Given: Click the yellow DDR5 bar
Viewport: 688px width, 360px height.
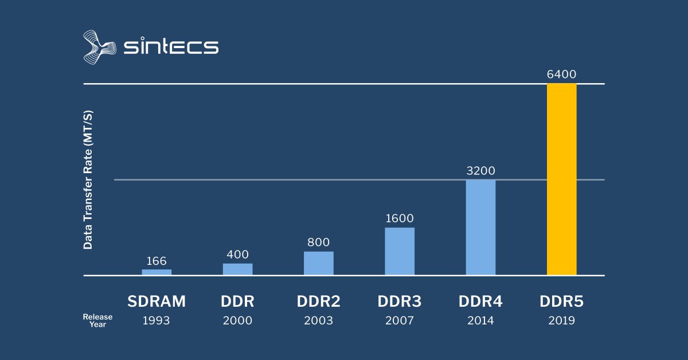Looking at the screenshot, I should (x=561, y=179).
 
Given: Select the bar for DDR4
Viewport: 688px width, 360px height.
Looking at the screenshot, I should (x=480, y=228).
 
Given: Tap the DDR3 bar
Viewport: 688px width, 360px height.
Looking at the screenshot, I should (x=400, y=252).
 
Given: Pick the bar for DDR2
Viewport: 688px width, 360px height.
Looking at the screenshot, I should (x=318, y=264).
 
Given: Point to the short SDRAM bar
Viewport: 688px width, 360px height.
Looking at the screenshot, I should (x=157, y=272).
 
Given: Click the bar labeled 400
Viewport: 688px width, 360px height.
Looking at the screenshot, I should (x=237, y=269).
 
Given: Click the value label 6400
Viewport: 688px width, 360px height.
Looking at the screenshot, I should (x=561, y=75).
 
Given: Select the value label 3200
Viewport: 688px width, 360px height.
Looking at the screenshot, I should (x=480, y=171).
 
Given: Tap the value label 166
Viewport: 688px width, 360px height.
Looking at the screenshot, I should (x=157, y=261).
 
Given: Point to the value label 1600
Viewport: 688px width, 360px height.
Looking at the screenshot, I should (x=400, y=218).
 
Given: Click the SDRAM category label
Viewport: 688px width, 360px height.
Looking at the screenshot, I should (x=157, y=302).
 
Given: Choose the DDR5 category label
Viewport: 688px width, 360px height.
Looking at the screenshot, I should (x=561, y=302).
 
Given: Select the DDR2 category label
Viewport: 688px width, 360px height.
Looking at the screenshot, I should (x=318, y=302).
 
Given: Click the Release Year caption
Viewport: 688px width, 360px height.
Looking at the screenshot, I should (x=97, y=320).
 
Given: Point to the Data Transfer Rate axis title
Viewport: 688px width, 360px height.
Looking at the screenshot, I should (x=88, y=179).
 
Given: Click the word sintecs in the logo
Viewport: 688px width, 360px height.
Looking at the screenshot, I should (x=171, y=46).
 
